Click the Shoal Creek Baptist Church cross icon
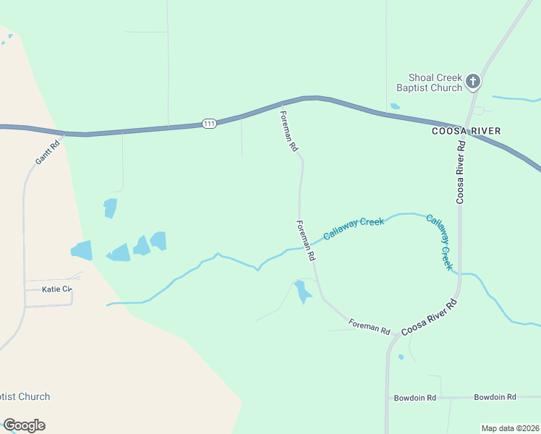point(473,81)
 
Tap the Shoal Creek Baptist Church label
point(429,82)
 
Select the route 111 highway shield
point(209,124)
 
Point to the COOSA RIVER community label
point(466,131)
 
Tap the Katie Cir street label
point(57,289)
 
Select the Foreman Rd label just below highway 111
point(289,130)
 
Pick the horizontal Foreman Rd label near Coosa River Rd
point(369,326)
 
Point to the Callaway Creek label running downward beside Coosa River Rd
point(439,242)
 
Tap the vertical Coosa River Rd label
point(460,172)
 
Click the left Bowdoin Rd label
point(414,398)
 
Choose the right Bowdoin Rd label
point(495,397)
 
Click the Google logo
point(24,425)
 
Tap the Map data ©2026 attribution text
point(510,428)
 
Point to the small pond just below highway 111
point(395,106)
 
